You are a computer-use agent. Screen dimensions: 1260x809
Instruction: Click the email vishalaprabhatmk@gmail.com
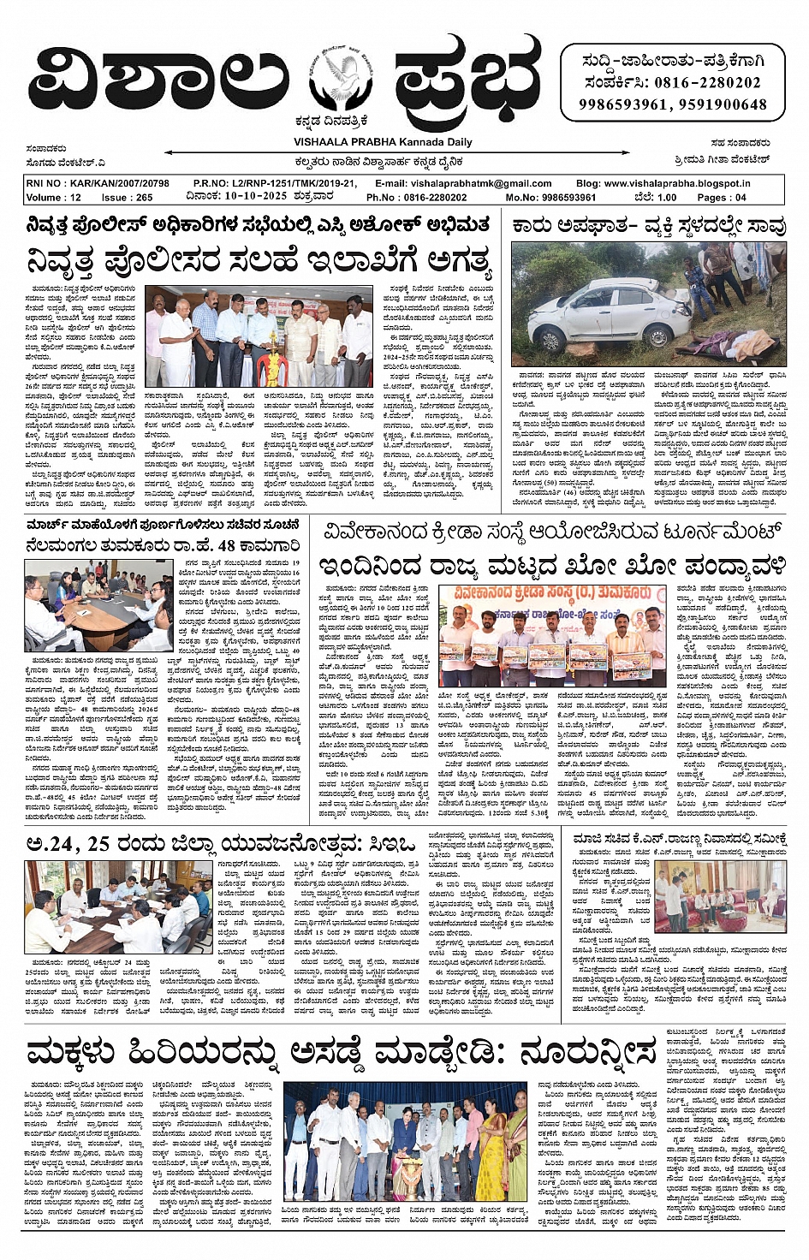tap(480, 183)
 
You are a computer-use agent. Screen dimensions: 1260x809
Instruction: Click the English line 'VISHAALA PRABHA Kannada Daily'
tap(383, 142)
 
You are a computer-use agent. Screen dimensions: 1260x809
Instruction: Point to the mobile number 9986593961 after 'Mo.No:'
tap(562, 197)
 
